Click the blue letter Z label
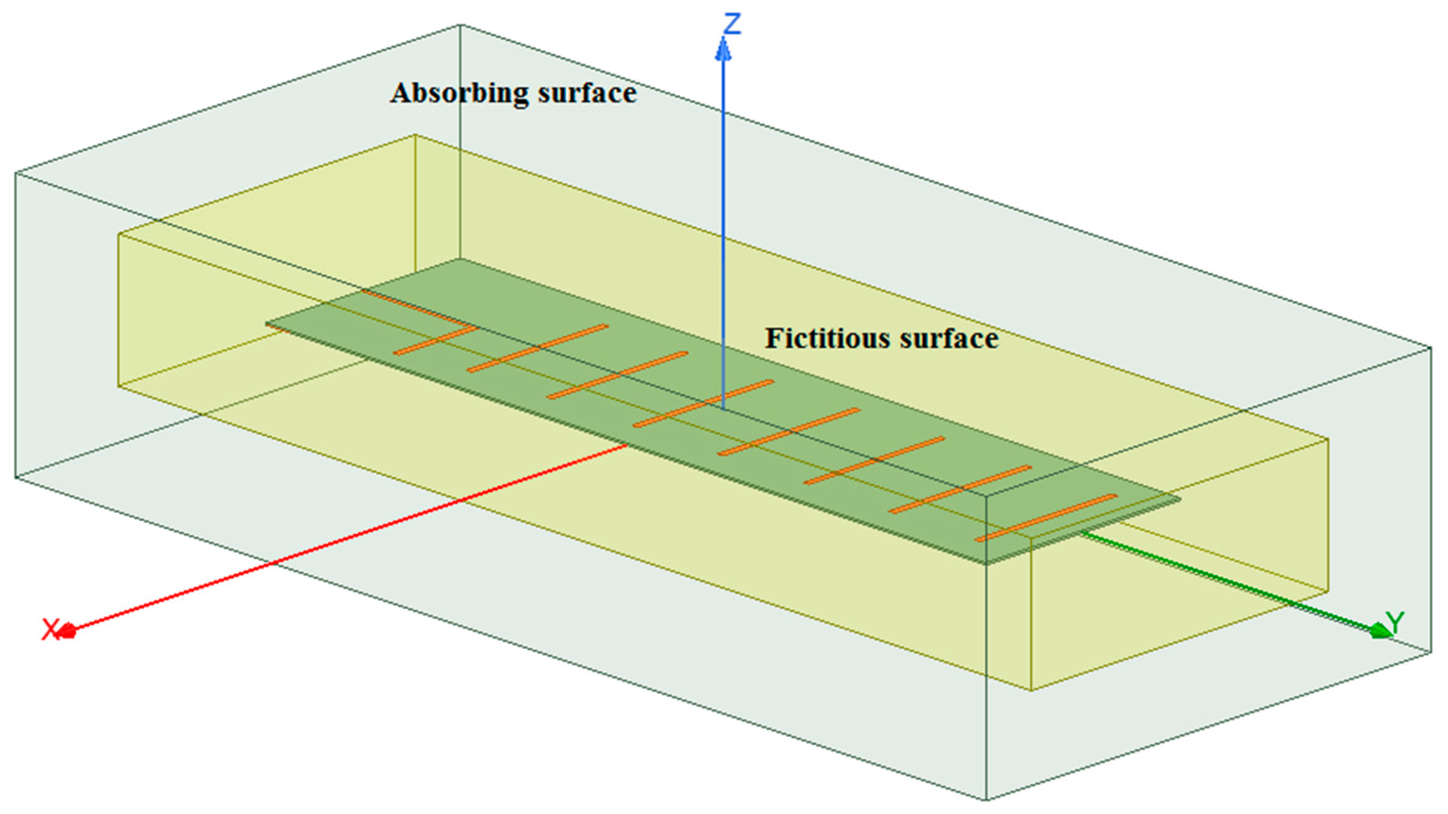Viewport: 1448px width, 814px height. pos(731,24)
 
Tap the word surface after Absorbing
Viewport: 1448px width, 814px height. pos(587,93)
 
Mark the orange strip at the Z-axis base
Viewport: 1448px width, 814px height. pos(703,403)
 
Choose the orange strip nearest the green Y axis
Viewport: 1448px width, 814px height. pos(1045,518)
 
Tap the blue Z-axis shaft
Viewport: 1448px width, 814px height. pos(723,225)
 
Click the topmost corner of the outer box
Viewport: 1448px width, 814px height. pos(460,25)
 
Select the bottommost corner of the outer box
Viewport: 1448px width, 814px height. pos(987,799)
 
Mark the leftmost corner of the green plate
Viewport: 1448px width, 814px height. pos(266,324)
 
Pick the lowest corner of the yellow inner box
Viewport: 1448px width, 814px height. pos(1032,690)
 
